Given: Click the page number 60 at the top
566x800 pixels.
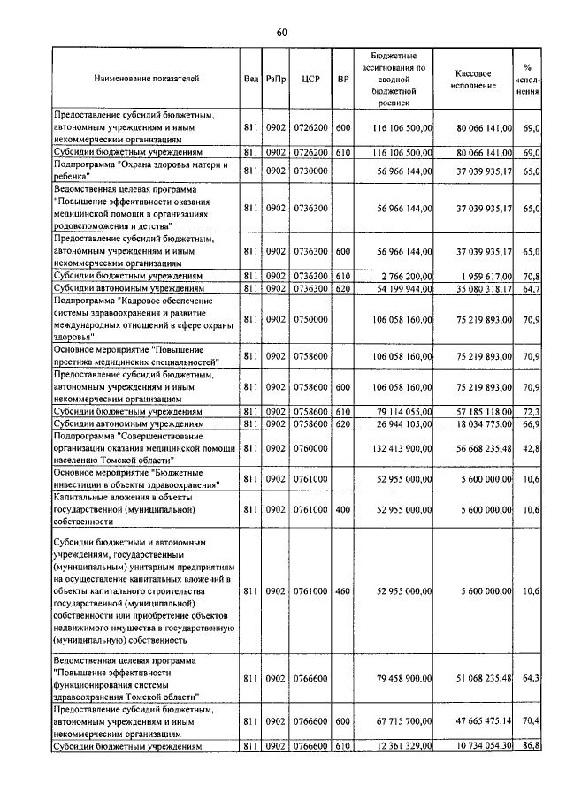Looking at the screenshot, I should tap(281, 33).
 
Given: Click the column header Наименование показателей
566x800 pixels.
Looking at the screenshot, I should tap(146, 79).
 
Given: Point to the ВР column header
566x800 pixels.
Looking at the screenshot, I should tap(343, 79).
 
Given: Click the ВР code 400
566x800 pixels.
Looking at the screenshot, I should tap(343, 511).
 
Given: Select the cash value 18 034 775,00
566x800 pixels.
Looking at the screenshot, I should tap(482, 424).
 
